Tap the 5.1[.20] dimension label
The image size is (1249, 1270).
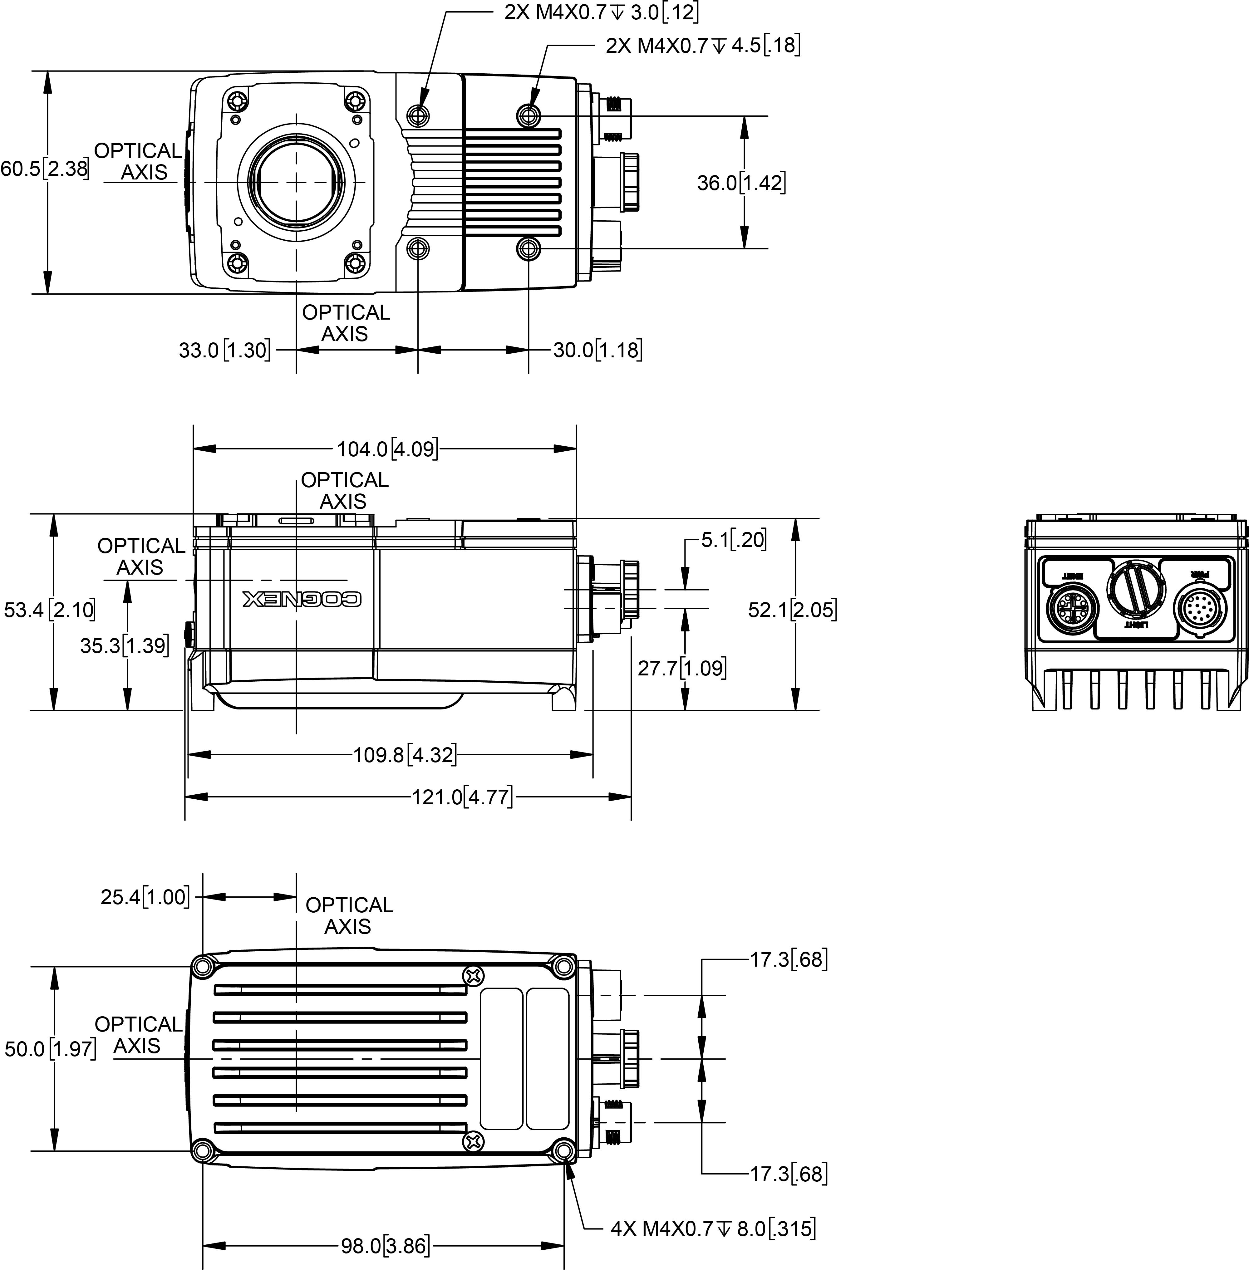tap(733, 540)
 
